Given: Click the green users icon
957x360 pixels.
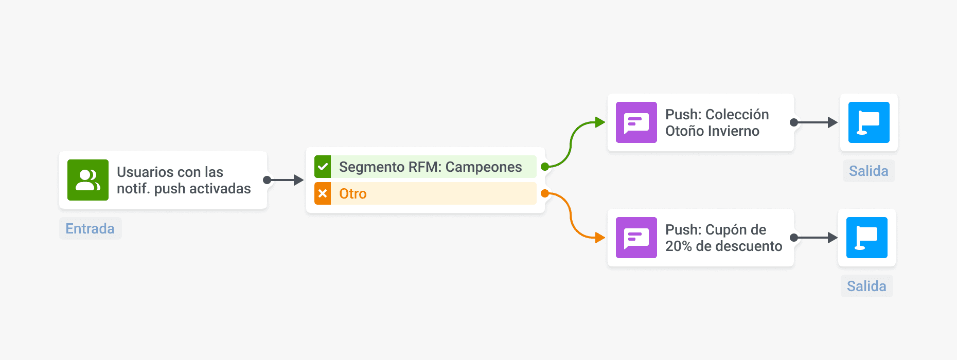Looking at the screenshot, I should coord(88,180).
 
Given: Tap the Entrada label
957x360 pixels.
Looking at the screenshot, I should coord(90,228).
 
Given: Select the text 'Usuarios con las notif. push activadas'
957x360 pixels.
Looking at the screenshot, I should coord(184,180).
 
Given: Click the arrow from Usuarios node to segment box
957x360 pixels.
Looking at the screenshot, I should coord(284,180).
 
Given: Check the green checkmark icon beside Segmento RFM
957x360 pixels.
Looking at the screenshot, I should coord(323,167).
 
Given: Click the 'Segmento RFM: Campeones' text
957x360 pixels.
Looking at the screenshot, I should coord(430,167).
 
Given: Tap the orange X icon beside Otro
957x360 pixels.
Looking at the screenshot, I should coord(323,193).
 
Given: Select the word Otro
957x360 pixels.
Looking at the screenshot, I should coord(353,193).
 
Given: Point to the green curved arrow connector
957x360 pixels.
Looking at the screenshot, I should coord(572,144).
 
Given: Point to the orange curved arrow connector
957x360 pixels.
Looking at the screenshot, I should coord(572,216).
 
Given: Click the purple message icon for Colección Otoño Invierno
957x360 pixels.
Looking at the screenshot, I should coord(636,122).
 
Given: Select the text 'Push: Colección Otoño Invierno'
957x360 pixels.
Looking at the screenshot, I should coord(717,122).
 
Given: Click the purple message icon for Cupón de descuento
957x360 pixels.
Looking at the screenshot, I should coord(636,238).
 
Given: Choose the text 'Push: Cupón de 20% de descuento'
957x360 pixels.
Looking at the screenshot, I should coord(723,238).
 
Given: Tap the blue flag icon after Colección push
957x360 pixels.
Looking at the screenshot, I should coord(869,122).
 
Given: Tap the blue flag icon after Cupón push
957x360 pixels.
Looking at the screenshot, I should coord(867,238).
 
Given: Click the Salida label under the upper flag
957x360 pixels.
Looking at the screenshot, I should coord(869,171).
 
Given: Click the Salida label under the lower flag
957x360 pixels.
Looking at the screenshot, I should coord(866,286).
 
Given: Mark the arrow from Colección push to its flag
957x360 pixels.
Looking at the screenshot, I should coord(816,122).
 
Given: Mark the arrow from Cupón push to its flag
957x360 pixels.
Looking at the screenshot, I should coord(816,238).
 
